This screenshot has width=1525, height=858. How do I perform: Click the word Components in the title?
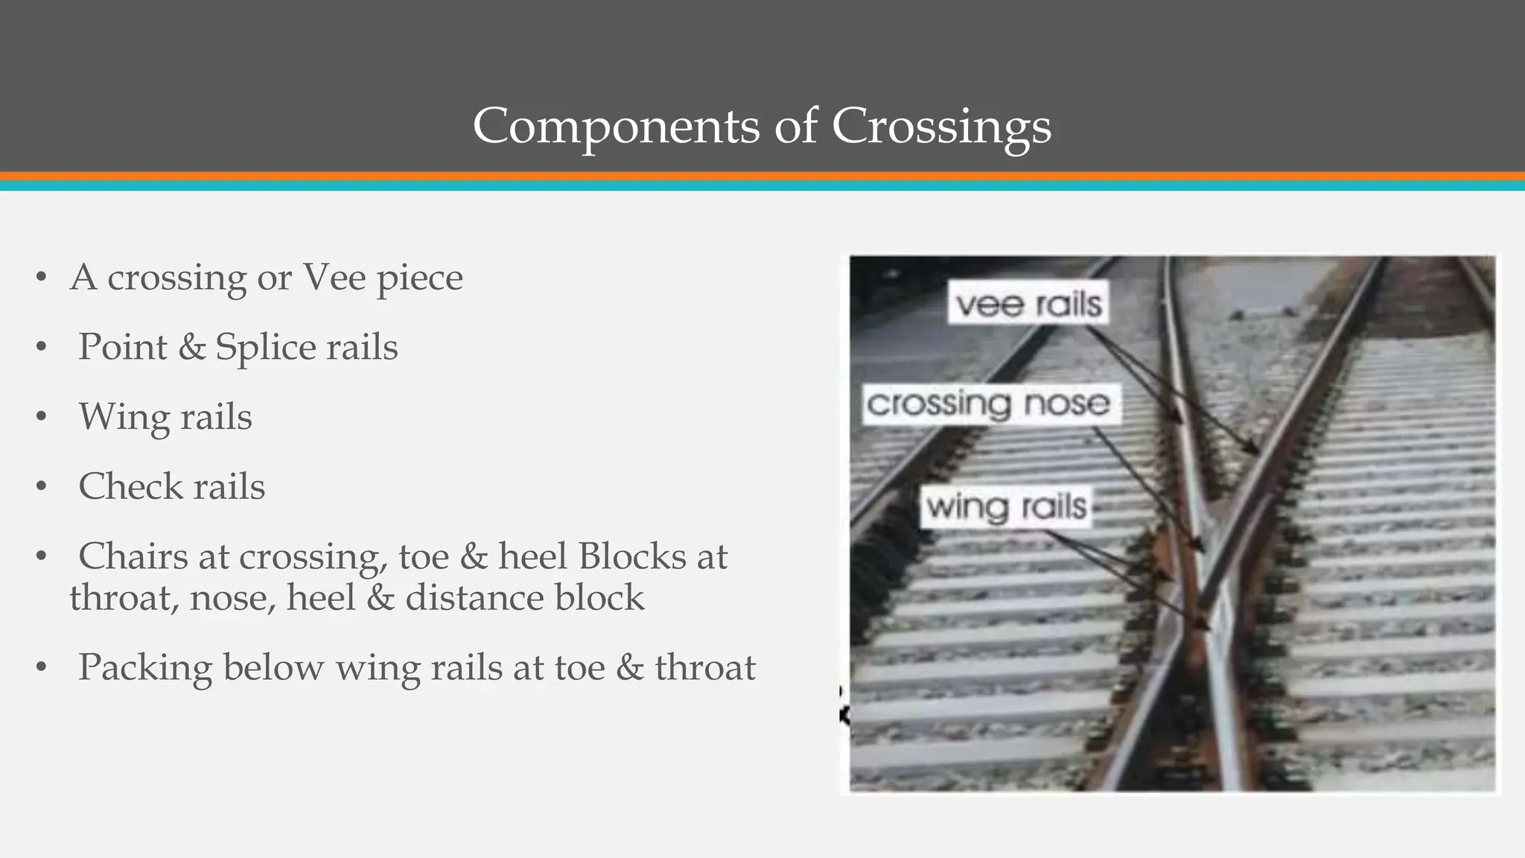tap(616, 126)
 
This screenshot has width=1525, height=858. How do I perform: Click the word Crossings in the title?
tap(941, 126)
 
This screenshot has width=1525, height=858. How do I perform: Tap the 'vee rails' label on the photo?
tap(1028, 304)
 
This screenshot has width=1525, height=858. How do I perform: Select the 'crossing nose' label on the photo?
tap(989, 404)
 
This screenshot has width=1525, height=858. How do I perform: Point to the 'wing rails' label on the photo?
tap(1007, 507)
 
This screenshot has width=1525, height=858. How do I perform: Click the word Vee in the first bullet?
tap(334, 278)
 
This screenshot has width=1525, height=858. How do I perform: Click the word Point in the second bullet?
tap(122, 347)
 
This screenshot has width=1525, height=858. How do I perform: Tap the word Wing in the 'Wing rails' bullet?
tap(124, 417)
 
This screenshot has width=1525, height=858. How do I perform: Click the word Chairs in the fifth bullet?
tap(133, 556)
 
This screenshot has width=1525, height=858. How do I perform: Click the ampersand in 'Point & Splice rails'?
tap(192, 348)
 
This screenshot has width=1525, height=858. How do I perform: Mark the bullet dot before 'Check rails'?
tap(41, 487)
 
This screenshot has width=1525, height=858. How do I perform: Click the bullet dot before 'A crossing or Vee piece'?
tap(41, 279)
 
